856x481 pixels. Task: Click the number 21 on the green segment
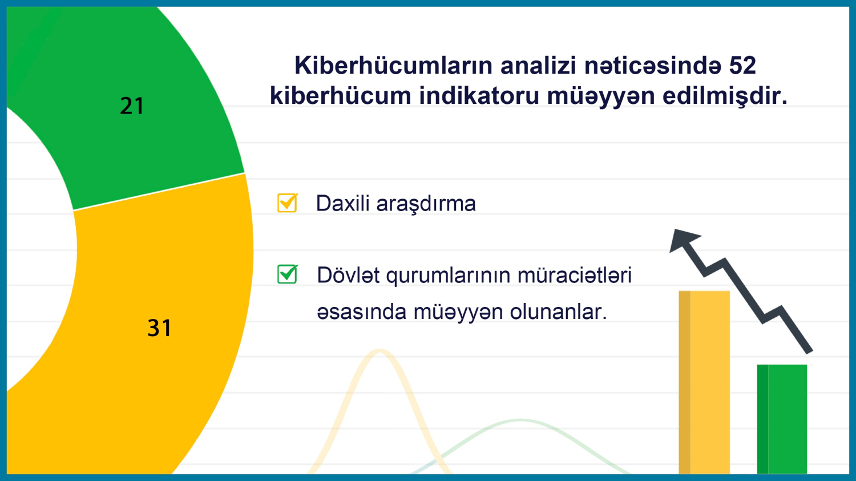[x=132, y=106]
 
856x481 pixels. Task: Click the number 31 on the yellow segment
[x=159, y=328]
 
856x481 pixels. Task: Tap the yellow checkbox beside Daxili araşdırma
[x=288, y=203]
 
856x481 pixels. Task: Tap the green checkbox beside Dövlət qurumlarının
[x=288, y=274]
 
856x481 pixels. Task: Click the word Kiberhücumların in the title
[x=394, y=66]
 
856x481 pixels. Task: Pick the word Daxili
[x=342, y=203]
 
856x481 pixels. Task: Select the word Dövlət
[x=349, y=275]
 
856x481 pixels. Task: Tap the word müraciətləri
[x=574, y=275]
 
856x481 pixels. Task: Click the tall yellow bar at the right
[x=704, y=382]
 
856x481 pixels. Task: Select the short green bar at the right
[x=782, y=419]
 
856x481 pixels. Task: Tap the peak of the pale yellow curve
[x=379, y=351]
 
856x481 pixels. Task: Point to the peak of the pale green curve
[x=520, y=421]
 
